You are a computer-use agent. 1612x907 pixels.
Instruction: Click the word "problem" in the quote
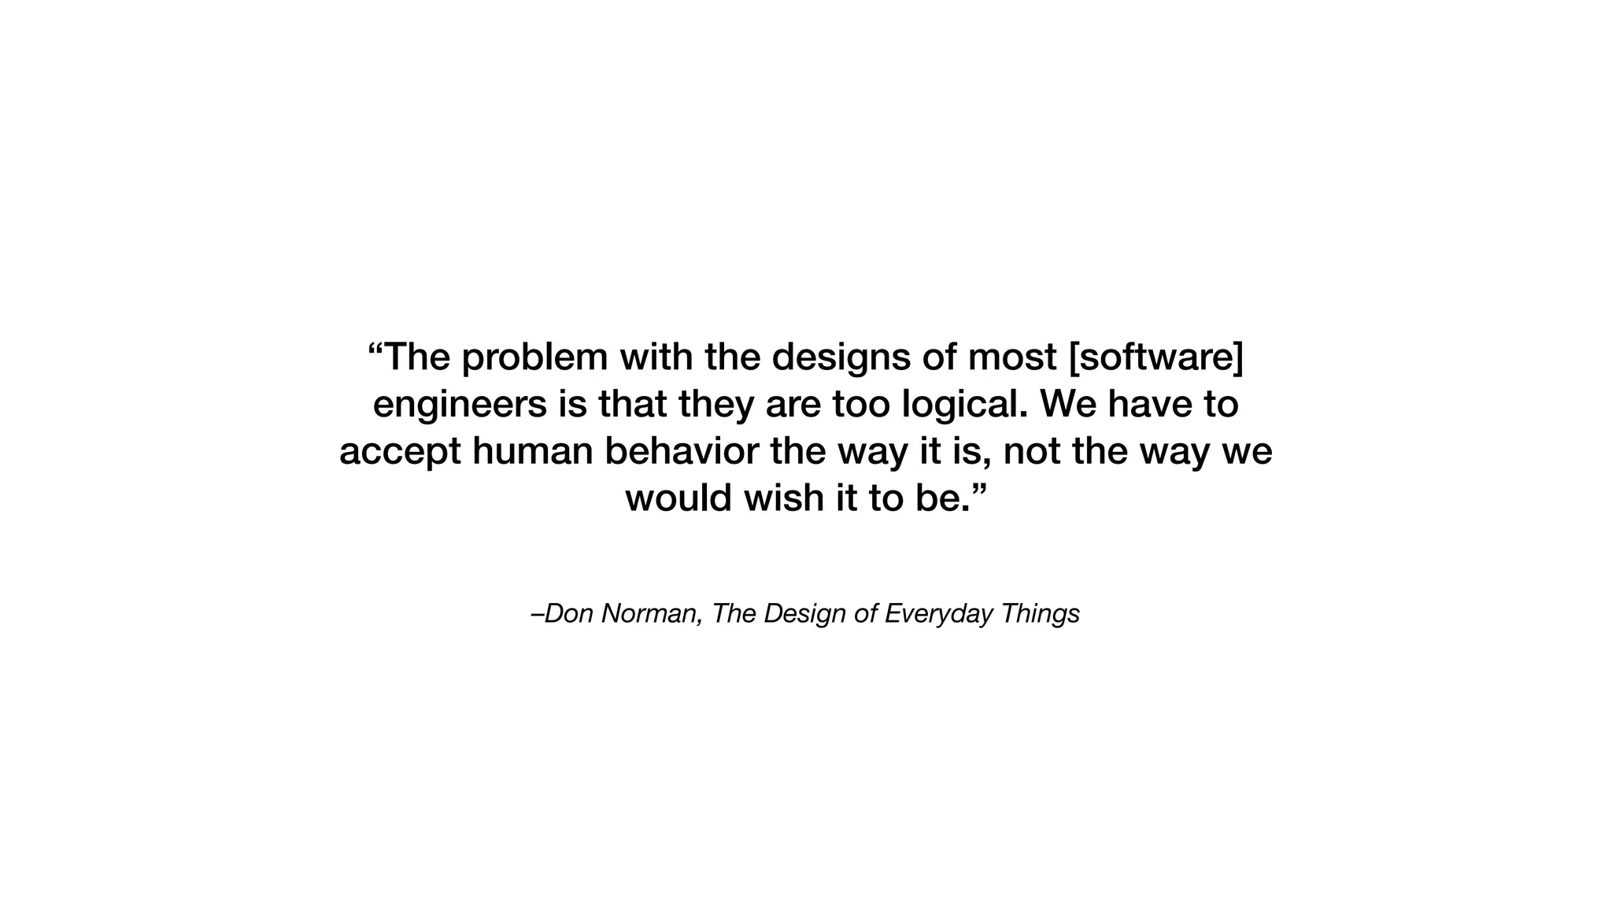tap(534, 358)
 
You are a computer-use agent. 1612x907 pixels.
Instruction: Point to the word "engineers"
tap(460, 405)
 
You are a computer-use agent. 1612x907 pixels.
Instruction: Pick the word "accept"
tap(400, 453)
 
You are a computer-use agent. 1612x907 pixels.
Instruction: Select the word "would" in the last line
tap(678, 498)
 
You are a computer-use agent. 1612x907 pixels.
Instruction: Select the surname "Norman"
tap(651, 613)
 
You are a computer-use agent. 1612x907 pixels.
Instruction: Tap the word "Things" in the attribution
tap(1040, 614)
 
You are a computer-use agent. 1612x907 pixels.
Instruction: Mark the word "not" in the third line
tap(1032, 452)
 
